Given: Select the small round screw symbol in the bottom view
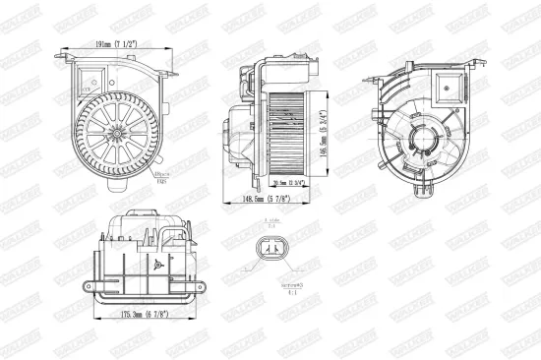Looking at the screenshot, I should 156,264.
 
